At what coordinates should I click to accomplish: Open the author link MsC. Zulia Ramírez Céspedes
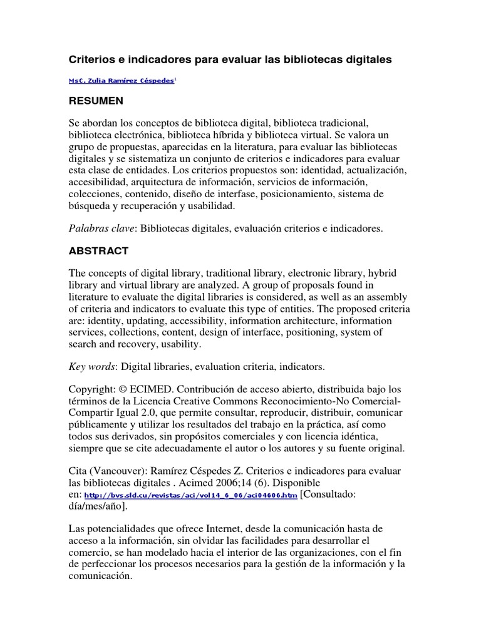(x=122, y=81)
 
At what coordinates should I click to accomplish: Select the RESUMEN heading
(x=96, y=101)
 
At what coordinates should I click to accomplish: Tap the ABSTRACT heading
(x=98, y=251)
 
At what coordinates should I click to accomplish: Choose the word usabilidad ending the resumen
(x=212, y=206)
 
